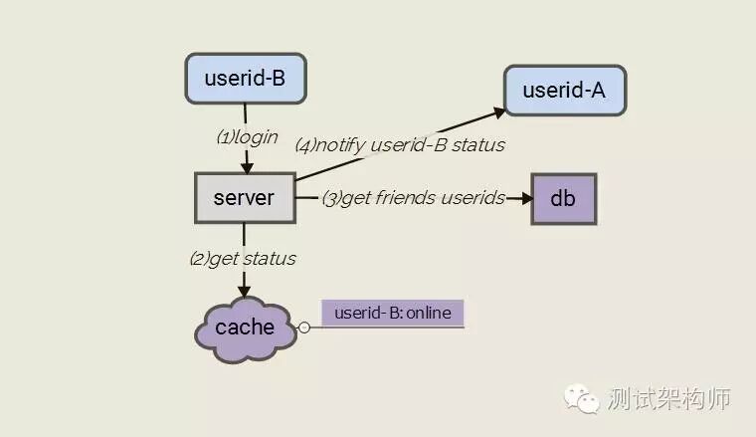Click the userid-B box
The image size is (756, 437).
(x=244, y=79)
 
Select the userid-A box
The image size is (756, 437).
(x=565, y=92)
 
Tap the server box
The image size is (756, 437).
(x=244, y=197)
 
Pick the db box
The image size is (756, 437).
(x=563, y=197)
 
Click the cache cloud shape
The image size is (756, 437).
(x=245, y=328)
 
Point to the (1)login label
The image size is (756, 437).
(x=247, y=137)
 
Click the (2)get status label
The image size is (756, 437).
(x=243, y=258)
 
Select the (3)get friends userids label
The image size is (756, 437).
(x=413, y=197)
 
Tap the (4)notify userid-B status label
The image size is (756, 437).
(x=400, y=144)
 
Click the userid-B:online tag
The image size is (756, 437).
(x=392, y=314)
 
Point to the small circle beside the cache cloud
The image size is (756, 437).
(x=304, y=327)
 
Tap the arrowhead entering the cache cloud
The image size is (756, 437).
(x=244, y=291)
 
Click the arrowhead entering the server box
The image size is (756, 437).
(x=245, y=166)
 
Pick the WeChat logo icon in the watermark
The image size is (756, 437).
(x=583, y=397)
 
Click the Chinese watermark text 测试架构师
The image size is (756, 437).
(x=668, y=398)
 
